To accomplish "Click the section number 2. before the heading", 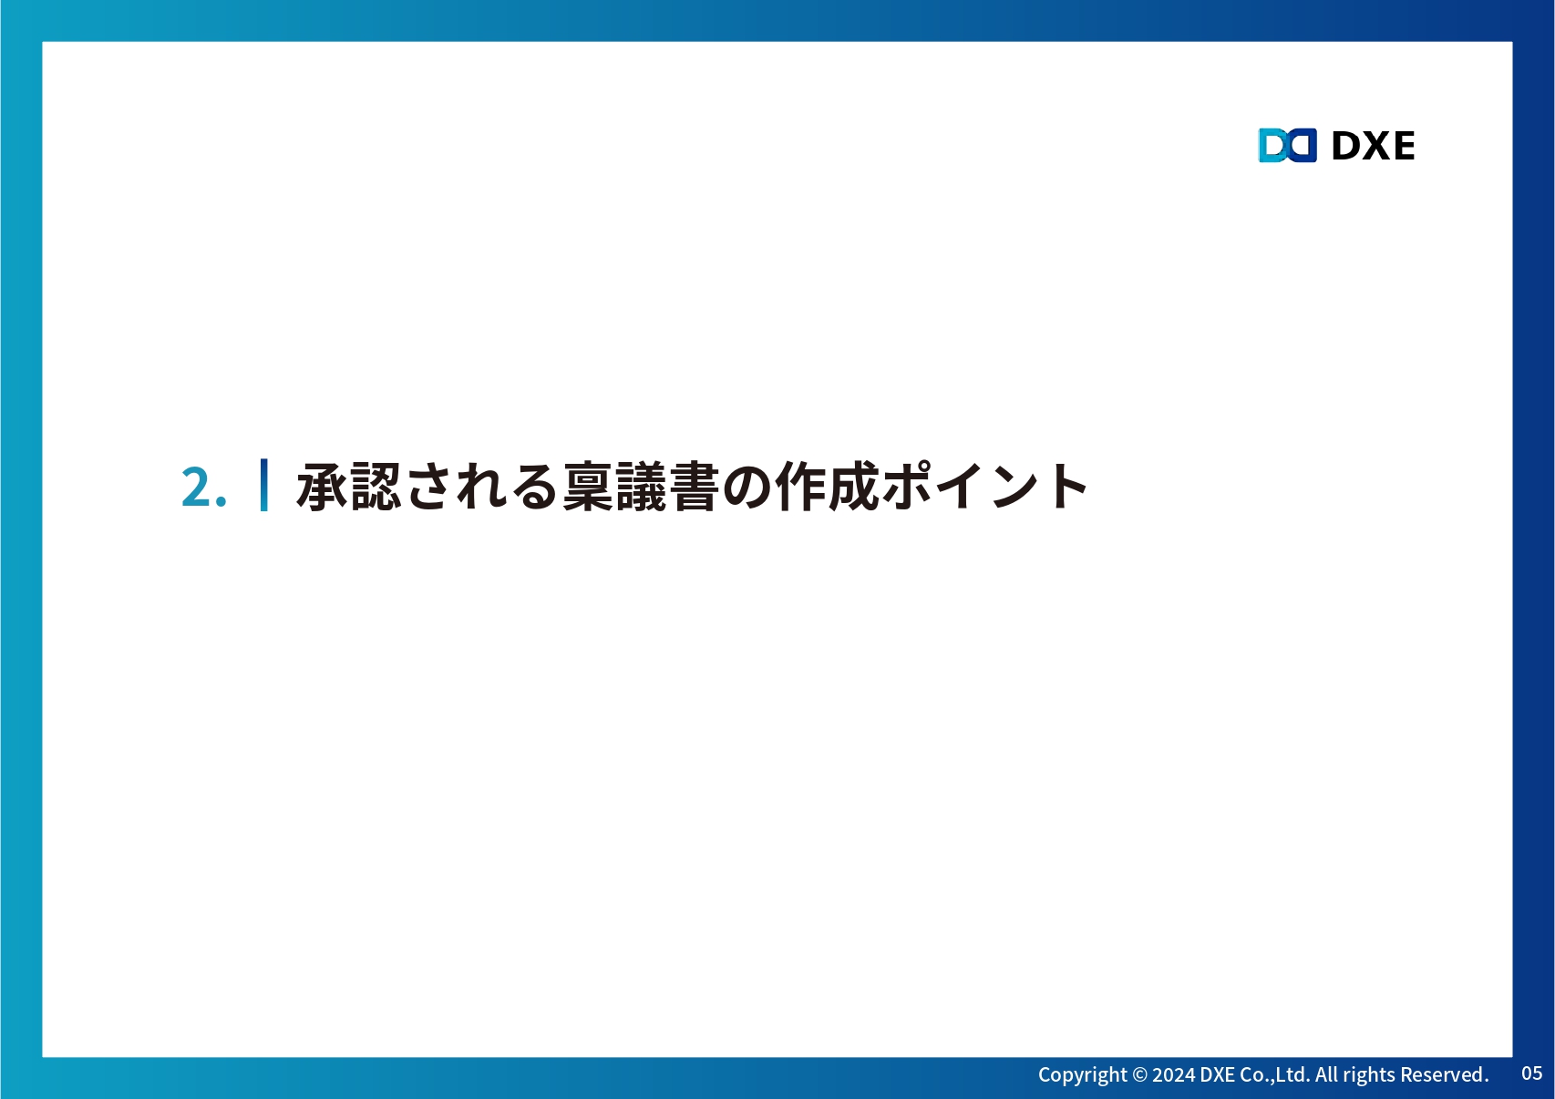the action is pos(203,488).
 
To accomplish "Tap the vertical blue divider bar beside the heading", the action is pos(263,486).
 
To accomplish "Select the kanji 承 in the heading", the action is pos(322,486).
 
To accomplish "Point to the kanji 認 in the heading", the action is pos(376,486).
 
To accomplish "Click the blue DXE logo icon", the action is pos(1288,145).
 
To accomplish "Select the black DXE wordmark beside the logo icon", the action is pos(1373,146).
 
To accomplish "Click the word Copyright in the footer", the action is pos(1082,1074).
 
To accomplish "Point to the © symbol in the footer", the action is pos(1140,1074).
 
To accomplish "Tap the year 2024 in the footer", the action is pos(1174,1074).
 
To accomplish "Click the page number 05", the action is pos(1531,1073).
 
